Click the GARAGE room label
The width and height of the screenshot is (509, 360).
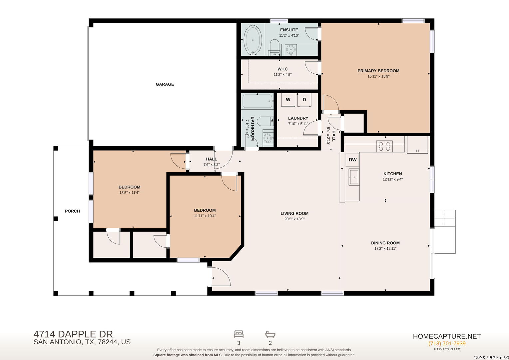point(165,84)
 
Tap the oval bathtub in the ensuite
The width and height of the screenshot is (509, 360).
point(253,40)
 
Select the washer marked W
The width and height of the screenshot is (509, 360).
point(288,100)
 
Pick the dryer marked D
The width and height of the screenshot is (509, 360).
point(304,100)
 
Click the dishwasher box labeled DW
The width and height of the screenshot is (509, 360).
point(353,160)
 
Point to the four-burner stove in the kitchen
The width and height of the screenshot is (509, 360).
point(384,146)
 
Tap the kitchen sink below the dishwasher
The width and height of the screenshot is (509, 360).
point(354,177)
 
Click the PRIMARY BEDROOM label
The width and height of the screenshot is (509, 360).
point(378,71)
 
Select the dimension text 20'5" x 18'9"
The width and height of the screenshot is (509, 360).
point(294,219)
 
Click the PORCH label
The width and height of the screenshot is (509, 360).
point(73,211)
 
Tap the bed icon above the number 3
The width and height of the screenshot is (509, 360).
point(239,334)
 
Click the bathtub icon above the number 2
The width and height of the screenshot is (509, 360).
point(270,334)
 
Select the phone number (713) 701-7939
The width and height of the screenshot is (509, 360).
point(447,343)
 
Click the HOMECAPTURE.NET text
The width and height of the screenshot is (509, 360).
point(447,336)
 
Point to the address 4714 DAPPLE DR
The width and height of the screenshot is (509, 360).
point(73,334)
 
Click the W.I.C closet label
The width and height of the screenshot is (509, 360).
point(282,69)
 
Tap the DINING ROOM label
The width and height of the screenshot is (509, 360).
point(385,243)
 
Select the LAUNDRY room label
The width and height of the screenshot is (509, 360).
point(298,118)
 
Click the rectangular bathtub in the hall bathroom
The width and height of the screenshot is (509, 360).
point(257,101)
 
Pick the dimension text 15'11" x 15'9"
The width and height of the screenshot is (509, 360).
point(378,76)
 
